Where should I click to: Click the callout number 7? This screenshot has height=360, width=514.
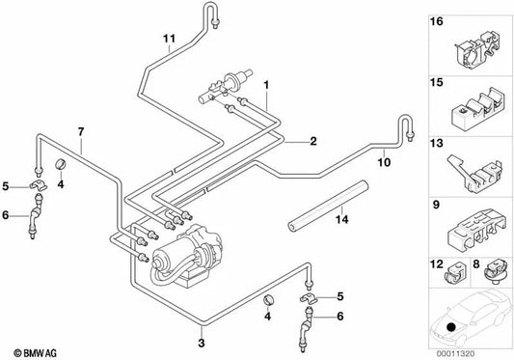82,131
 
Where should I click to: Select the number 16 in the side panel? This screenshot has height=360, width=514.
437,19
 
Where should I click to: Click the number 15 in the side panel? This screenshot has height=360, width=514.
437,84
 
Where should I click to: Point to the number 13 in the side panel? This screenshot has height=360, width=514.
437,146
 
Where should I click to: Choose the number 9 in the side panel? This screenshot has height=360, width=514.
436,206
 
